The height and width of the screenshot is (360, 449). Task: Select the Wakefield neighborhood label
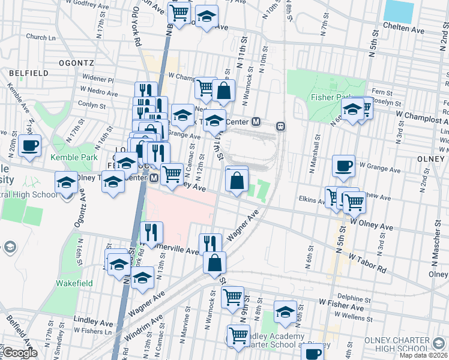click(x=74, y=282)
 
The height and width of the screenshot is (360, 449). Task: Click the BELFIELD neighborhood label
click(x=28, y=73)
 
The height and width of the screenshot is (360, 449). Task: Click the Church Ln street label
click(x=41, y=37)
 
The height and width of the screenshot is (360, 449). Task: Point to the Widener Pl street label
click(x=100, y=79)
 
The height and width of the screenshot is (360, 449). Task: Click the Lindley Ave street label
click(x=93, y=321)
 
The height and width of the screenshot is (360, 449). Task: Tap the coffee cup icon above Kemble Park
click(x=29, y=145)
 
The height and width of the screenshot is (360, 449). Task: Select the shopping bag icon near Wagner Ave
click(x=214, y=262)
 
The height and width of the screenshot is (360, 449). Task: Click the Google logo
click(x=20, y=353)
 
